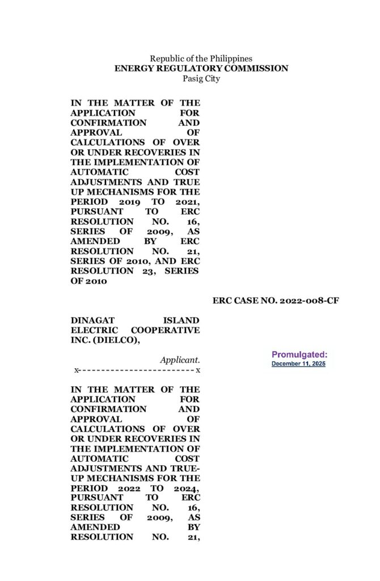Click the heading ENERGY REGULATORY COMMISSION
(201, 69)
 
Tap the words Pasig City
(201, 79)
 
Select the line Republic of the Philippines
(201, 58)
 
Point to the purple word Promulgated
(299, 355)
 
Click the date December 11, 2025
(298, 363)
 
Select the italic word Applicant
(180, 360)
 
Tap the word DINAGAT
(92, 320)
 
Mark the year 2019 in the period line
(130, 202)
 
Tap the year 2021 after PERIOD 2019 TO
(186, 202)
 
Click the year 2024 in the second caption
(186, 488)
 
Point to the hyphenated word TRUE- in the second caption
(184, 468)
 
